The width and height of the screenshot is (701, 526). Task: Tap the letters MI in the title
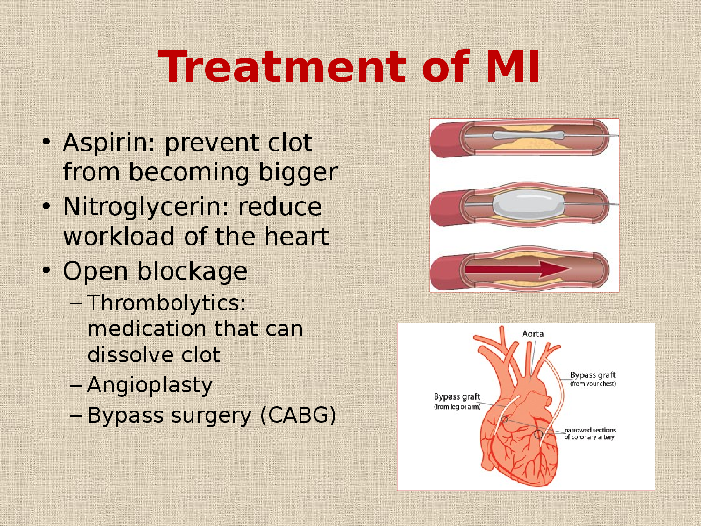coord(513,67)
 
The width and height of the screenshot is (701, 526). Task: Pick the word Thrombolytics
coord(166,303)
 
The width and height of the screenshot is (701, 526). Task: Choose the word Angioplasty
coord(150,386)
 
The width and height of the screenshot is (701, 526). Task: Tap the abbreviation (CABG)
coord(298,415)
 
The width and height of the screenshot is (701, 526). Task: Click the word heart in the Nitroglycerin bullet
coord(297,237)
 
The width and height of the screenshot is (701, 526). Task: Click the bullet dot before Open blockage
coord(46,270)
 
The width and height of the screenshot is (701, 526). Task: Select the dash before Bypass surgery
coord(75,415)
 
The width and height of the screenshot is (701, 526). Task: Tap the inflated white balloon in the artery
coord(528,205)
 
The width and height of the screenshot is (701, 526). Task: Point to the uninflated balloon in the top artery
coord(528,136)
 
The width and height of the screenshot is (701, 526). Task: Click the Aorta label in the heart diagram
coord(533,334)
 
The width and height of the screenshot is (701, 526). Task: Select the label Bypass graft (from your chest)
coord(593,379)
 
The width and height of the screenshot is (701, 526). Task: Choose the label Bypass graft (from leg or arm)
coord(457,401)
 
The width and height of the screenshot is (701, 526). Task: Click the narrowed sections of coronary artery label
coord(590,433)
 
